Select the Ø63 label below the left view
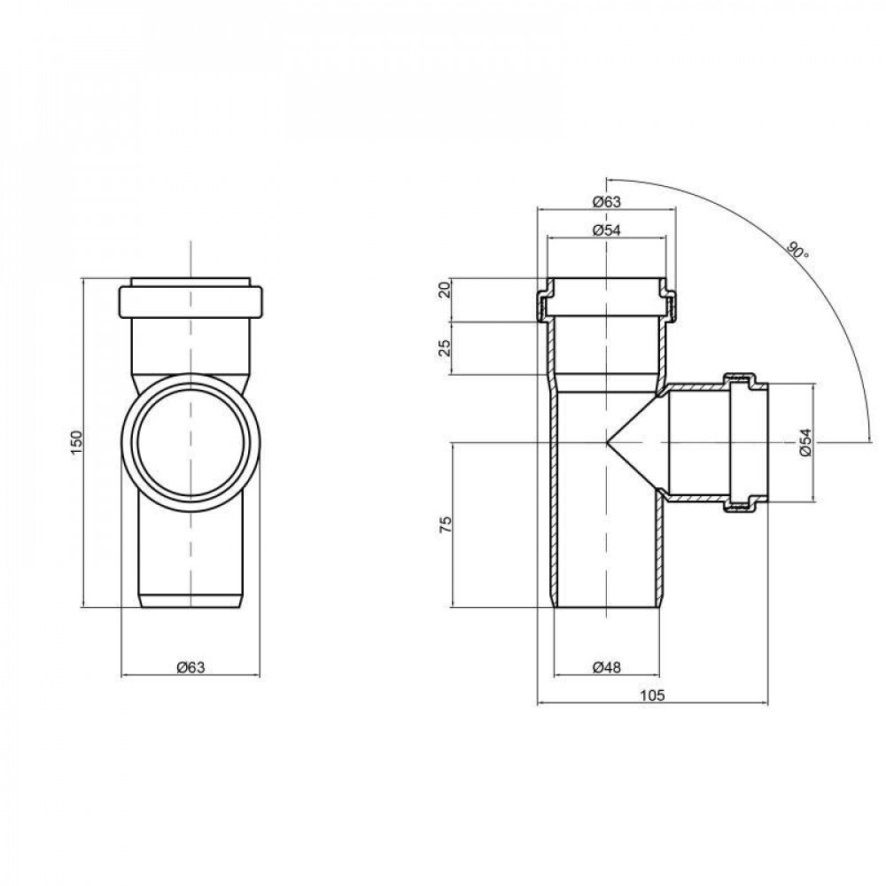[x=190, y=667]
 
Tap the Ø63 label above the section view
[x=606, y=201]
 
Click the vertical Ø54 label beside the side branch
[x=804, y=443]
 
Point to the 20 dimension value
[x=445, y=291]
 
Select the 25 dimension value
[x=445, y=347]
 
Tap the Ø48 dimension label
[x=606, y=667]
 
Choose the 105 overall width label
[x=651, y=696]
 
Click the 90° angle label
[x=797, y=250]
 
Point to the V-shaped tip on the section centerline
[x=610, y=440]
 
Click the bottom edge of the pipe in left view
[x=190, y=607]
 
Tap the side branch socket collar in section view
[x=742, y=443]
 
